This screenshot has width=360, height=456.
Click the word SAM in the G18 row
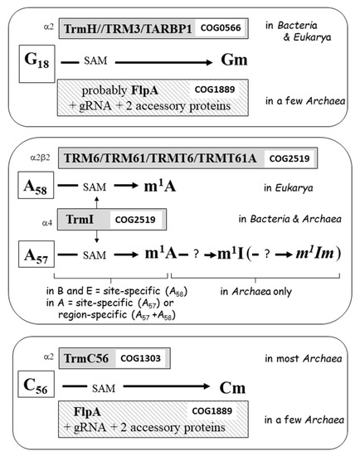pos(95,63)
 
